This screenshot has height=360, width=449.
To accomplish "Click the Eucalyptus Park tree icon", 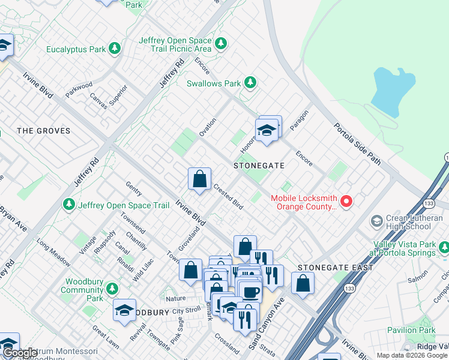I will pos(114,49).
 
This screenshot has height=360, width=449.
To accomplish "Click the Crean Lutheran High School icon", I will pos(376,221).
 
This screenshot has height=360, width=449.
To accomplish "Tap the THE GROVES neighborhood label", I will pos(44,131).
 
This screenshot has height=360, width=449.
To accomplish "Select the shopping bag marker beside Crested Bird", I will pos(199,179).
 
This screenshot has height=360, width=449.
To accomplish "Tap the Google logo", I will pos(20,353).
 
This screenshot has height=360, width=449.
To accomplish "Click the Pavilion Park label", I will pos(411,330).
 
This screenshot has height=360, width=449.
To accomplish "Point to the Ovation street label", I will pos(208,127).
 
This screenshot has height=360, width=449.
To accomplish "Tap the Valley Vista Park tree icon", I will pos(444,247).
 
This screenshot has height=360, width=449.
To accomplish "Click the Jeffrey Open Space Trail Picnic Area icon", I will pos(221,43).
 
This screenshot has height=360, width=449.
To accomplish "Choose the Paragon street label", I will pos(298,119).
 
